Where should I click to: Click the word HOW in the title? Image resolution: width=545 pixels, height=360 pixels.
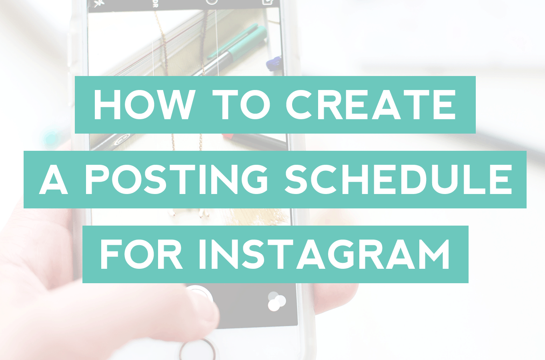click(x=144, y=105)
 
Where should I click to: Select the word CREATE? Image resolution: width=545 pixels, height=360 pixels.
click(x=371, y=105)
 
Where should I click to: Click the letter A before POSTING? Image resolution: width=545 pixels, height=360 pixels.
click(x=54, y=180)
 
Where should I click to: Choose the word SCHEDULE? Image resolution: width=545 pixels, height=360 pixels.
click(x=398, y=180)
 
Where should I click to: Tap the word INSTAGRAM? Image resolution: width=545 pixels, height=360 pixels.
click(x=324, y=255)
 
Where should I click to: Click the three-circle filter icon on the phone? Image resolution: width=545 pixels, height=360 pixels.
click(x=276, y=301)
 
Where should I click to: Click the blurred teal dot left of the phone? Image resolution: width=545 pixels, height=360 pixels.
click(x=51, y=138)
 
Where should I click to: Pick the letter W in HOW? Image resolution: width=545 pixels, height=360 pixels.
click(x=176, y=105)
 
